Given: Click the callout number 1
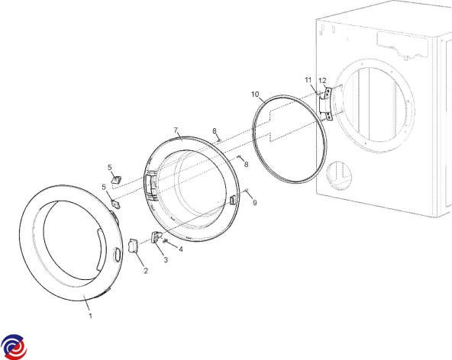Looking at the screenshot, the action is (90, 316).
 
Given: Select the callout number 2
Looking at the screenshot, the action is (146, 271).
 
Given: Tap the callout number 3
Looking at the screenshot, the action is (166, 260).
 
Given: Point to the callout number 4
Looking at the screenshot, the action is (181, 249).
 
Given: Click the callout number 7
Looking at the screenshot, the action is (176, 130).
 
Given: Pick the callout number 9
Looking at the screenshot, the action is (255, 203).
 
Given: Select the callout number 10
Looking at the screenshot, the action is (255, 94).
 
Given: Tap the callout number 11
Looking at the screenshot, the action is (308, 80).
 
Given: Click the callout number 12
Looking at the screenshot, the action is (322, 81).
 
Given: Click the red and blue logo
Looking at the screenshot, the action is (14, 347).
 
